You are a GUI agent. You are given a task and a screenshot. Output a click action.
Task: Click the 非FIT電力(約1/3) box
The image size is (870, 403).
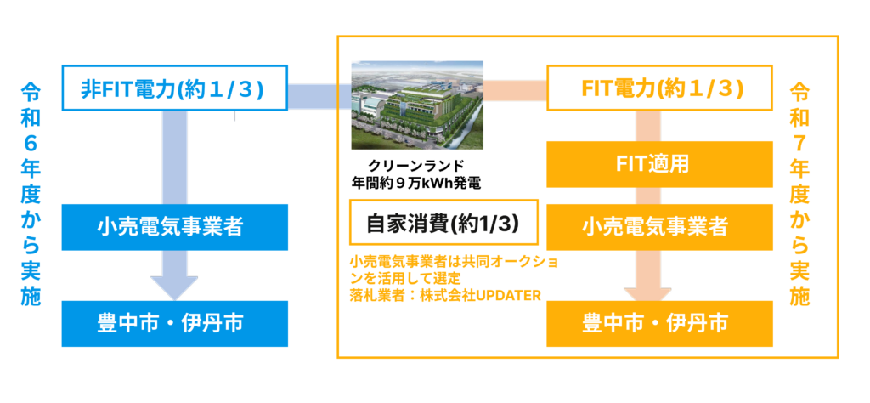tap(174, 88)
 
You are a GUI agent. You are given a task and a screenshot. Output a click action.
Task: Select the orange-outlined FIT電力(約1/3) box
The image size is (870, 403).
tap(659, 88)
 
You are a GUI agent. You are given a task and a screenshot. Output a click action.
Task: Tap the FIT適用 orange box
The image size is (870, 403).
tap(659, 164)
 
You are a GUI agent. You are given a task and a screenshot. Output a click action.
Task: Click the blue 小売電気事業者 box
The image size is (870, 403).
tap(174, 227)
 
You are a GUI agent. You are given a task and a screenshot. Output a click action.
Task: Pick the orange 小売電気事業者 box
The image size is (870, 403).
tap(659, 227)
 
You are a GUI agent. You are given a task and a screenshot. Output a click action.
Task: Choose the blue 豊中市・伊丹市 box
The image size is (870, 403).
tap(174, 324)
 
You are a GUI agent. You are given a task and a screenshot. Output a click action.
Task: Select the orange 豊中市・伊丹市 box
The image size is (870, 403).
tap(659, 324)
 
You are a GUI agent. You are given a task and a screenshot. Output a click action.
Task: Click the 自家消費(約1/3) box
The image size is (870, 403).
tap(443, 222)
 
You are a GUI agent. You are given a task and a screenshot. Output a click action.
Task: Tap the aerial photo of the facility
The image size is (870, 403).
tap(417, 105)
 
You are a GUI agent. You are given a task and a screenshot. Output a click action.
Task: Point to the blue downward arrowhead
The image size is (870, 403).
tap(174, 288)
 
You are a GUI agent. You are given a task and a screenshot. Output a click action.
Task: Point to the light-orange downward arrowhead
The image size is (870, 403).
tap(647, 295)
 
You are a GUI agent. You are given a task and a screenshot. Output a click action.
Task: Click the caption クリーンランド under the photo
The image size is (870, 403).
tap(416, 165)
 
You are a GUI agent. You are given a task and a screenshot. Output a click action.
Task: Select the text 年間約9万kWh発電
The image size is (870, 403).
tap(416, 181)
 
